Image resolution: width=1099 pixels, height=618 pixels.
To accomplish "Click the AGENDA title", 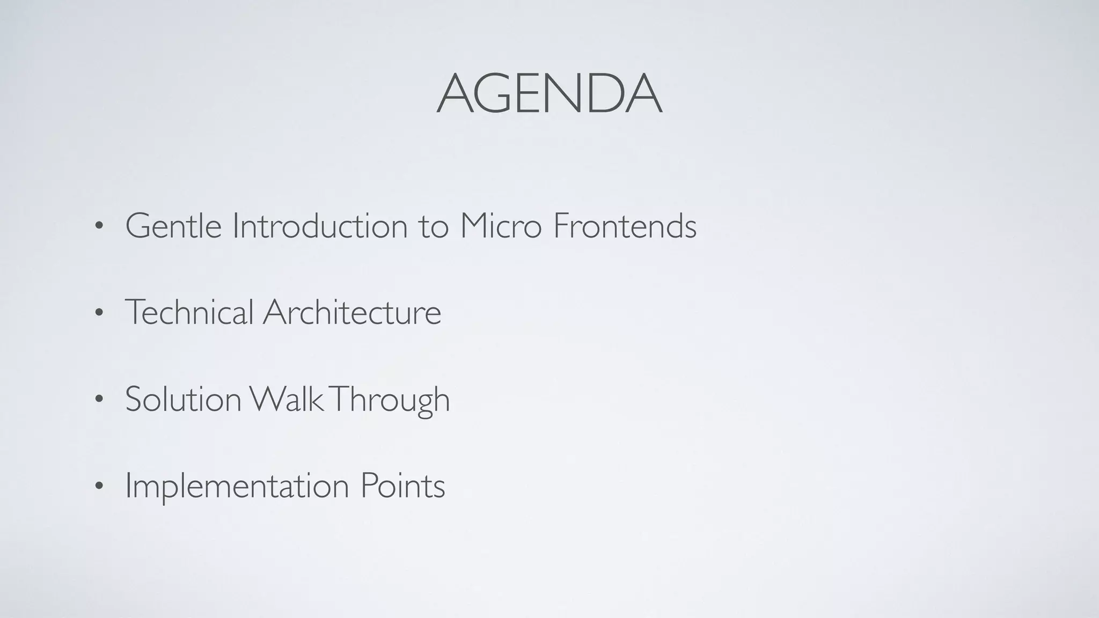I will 549,94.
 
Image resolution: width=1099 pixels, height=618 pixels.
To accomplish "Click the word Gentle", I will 173,226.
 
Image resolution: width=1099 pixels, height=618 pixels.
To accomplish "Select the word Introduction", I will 320,226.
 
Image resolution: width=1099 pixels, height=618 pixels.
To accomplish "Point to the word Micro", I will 501,226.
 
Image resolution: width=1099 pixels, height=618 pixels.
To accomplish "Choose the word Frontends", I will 625,226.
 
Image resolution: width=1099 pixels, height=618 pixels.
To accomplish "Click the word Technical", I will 189,312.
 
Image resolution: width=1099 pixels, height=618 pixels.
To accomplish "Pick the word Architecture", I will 352,312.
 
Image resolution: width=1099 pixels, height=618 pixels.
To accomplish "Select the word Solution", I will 183,399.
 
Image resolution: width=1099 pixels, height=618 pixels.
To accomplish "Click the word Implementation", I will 237,486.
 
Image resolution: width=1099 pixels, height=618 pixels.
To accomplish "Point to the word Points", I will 402,486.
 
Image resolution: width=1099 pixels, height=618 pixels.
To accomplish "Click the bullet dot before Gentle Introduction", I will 98,227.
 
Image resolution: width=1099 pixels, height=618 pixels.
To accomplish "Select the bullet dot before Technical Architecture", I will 98,313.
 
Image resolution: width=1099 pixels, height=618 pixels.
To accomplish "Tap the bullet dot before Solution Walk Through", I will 98,400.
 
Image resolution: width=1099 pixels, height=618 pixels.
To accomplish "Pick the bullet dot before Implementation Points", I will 98,487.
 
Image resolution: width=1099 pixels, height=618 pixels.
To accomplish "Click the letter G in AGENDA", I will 499,94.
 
